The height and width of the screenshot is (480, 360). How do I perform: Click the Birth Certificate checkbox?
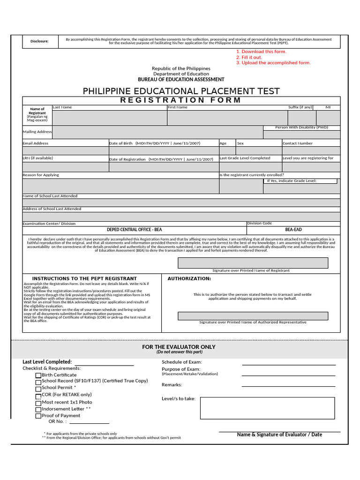(38, 375)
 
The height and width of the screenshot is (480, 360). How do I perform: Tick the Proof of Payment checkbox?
(38, 416)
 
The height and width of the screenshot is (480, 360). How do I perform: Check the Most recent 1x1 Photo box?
(38, 403)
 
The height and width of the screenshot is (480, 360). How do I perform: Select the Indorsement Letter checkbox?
(38, 409)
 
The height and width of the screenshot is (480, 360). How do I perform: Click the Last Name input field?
(109, 118)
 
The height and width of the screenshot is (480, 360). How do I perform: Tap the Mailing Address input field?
(157, 132)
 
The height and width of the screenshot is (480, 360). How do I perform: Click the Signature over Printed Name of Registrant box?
(253, 262)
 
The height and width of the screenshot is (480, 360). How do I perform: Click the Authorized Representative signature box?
(253, 316)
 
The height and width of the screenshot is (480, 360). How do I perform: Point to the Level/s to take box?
(267, 408)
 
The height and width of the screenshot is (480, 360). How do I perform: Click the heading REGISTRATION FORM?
(180, 100)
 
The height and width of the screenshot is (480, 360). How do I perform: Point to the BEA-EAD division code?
(293, 230)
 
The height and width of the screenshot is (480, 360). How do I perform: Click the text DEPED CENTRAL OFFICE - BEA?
(135, 230)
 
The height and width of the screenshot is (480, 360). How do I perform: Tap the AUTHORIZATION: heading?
(189, 278)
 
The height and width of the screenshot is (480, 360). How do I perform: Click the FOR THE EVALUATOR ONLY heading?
(179, 347)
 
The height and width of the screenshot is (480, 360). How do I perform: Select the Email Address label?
(36, 143)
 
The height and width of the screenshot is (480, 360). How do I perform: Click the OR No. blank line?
(89, 421)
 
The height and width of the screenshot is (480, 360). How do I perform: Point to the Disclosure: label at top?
(40, 41)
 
